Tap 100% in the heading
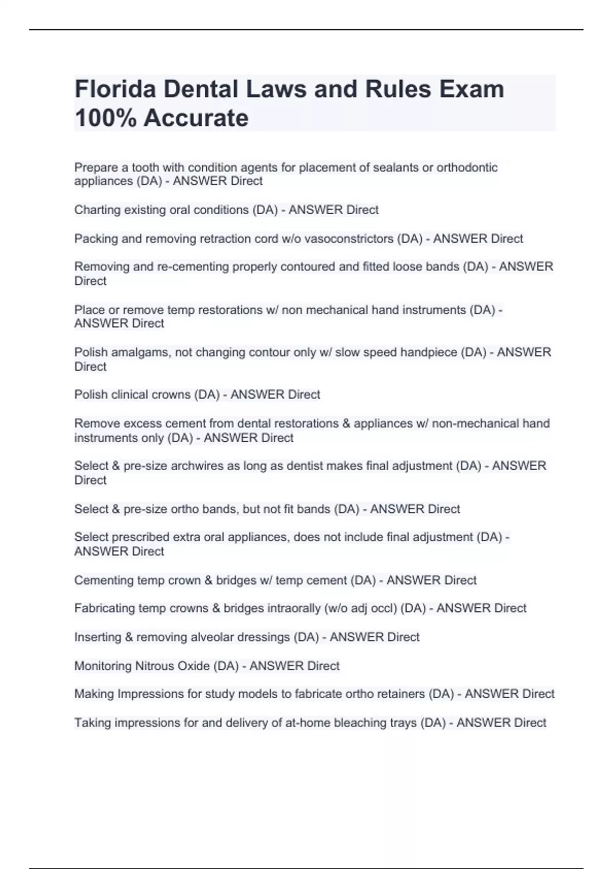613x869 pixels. [x=105, y=118]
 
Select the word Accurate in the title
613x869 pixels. [x=196, y=118]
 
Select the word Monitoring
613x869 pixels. [x=103, y=666]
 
